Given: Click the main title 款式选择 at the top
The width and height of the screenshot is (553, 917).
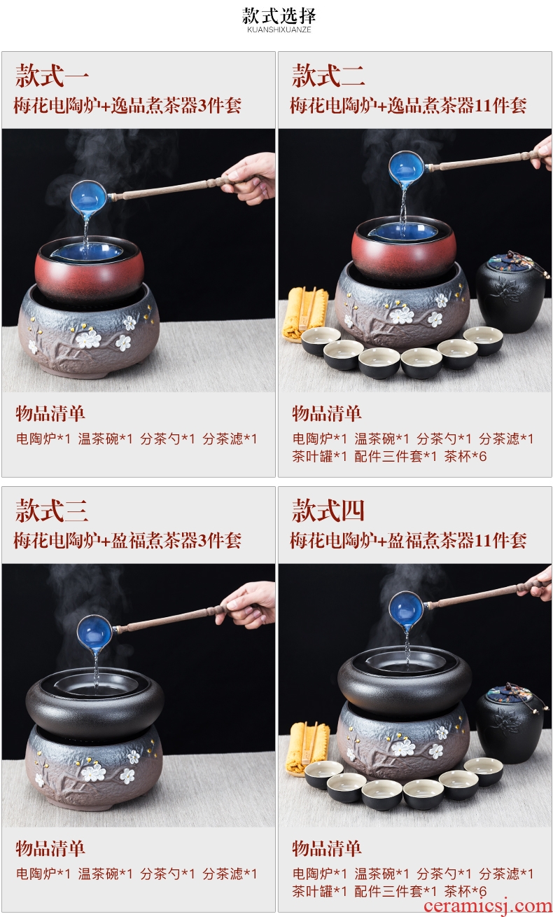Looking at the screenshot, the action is click(x=279, y=16).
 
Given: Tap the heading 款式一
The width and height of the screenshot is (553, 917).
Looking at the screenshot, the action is click(x=52, y=76).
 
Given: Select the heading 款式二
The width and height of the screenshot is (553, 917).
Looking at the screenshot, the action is click(x=328, y=76).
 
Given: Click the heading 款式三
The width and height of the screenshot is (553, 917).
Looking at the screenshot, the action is click(x=52, y=511).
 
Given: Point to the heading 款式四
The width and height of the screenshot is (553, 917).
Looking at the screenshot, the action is click(x=328, y=511).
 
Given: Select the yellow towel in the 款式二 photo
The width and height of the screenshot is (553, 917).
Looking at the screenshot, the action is click(x=304, y=313).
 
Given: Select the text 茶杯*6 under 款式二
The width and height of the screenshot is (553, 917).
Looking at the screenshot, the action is click(x=465, y=456).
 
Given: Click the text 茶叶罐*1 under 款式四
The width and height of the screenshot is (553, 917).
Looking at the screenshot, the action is click(x=319, y=891).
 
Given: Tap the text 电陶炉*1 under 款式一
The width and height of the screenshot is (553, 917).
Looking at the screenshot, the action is click(x=43, y=439).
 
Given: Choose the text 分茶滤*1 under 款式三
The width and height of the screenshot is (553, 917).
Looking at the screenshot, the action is click(x=230, y=874).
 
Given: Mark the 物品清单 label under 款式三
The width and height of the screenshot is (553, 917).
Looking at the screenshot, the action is click(x=50, y=848).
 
